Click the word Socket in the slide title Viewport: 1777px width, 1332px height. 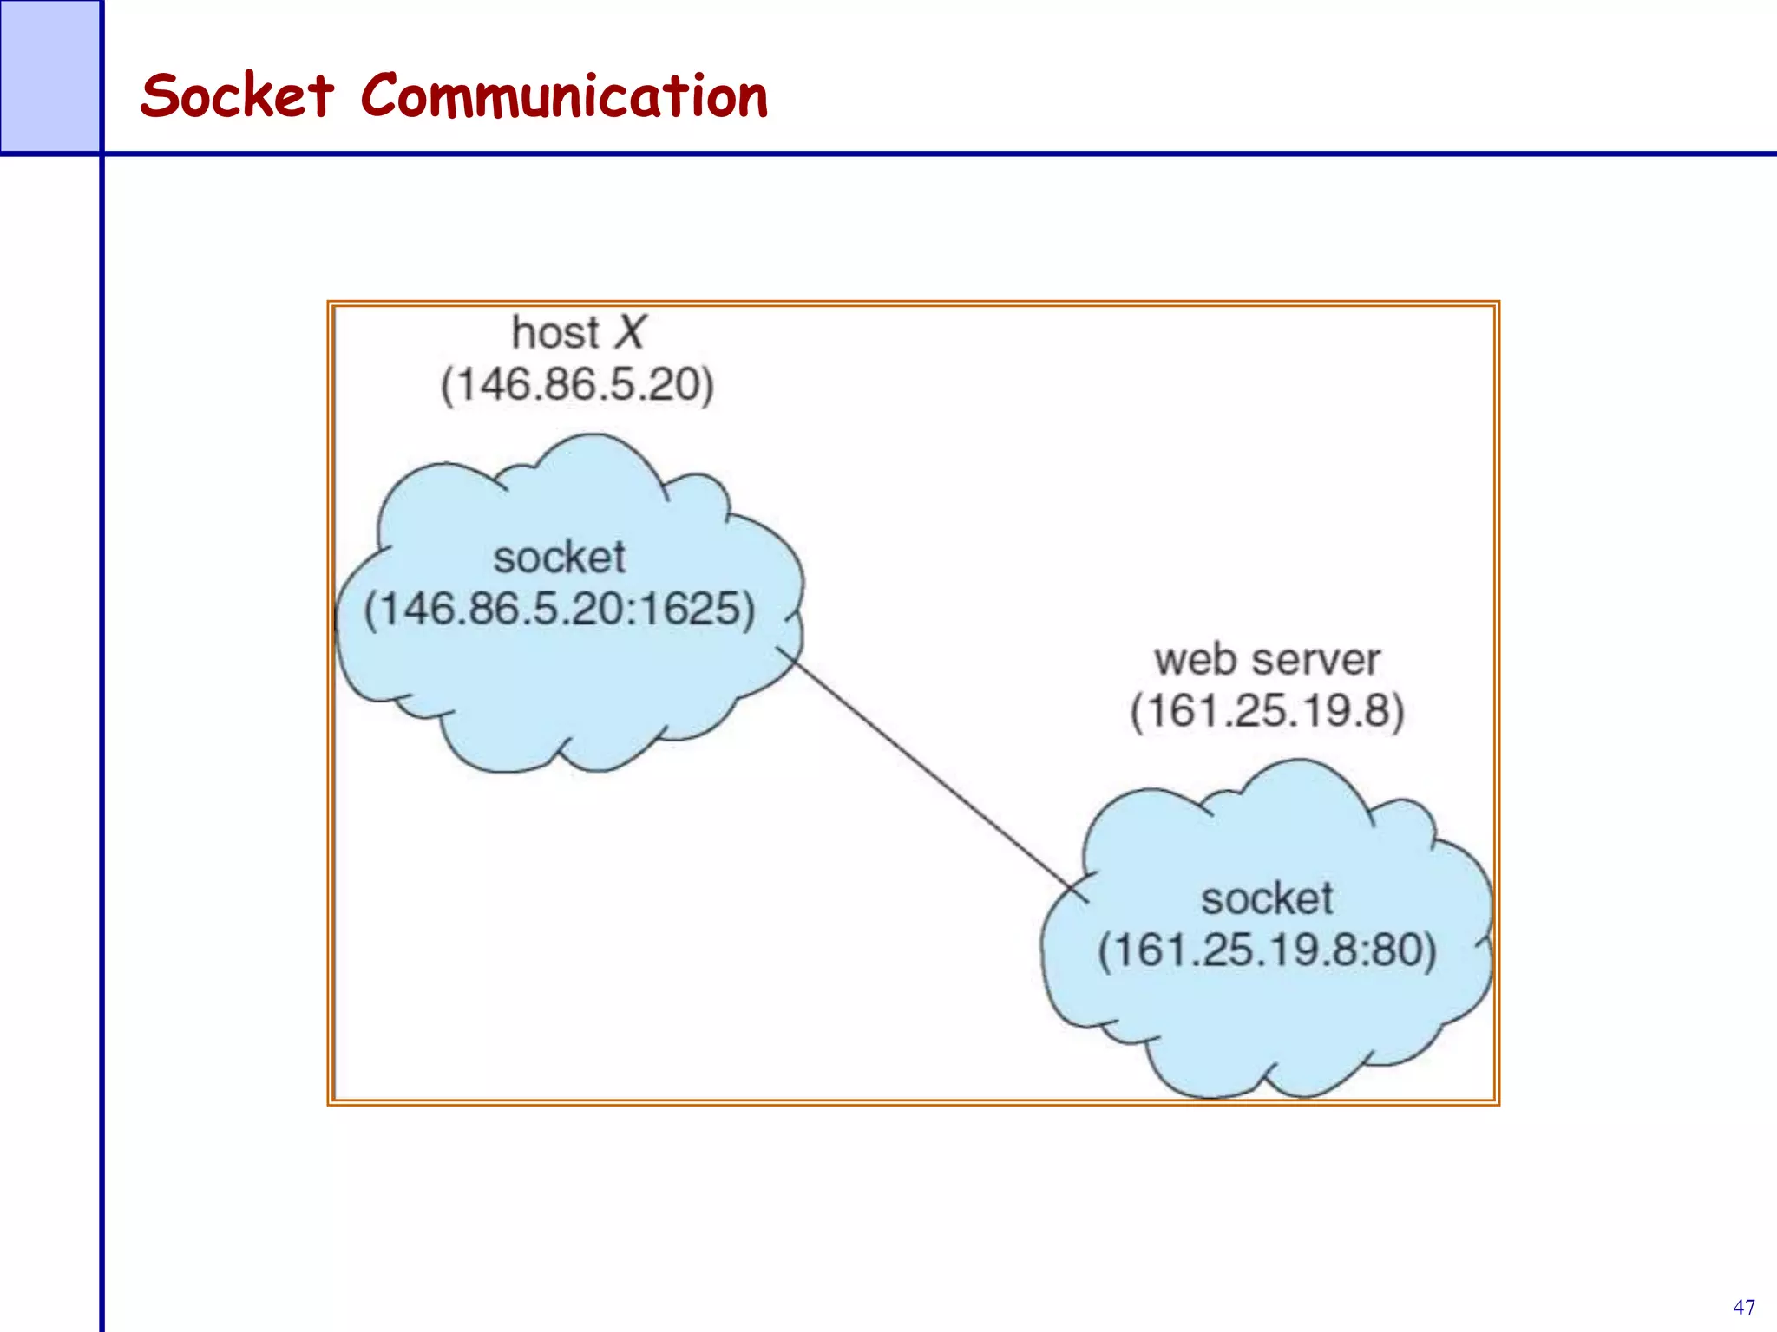click(x=236, y=95)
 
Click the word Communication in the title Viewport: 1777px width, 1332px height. click(x=564, y=95)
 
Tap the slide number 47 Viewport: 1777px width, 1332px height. click(x=1743, y=1307)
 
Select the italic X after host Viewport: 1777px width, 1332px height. click(x=630, y=333)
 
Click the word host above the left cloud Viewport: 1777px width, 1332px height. click(x=555, y=333)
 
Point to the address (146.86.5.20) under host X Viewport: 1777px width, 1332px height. click(x=577, y=384)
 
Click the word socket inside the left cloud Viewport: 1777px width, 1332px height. click(x=559, y=557)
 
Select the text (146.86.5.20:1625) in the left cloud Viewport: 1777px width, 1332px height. click(x=559, y=609)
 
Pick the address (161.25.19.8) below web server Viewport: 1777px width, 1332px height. click(x=1267, y=711)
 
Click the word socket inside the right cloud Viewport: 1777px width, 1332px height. click(x=1267, y=898)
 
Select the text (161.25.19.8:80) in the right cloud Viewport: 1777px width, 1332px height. click(x=1267, y=950)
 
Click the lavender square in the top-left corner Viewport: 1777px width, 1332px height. click(x=49, y=75)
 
